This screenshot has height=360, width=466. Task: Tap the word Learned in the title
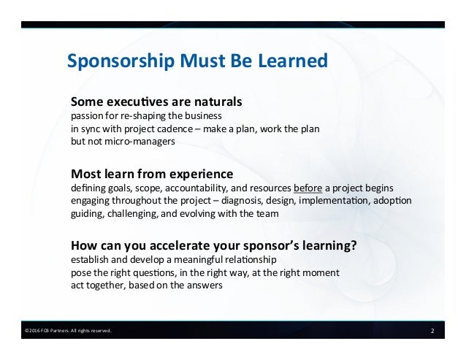pyautogui.click(x=294, y=62)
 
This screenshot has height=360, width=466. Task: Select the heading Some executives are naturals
pyautogui.click(x=156, y=100)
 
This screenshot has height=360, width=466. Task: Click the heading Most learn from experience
pyautogui.click(x=151, y=174)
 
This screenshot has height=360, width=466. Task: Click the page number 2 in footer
pyautogui.click(x=432, y=331)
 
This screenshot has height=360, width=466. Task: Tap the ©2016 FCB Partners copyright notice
pyautogui.click(x=68, y=332)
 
